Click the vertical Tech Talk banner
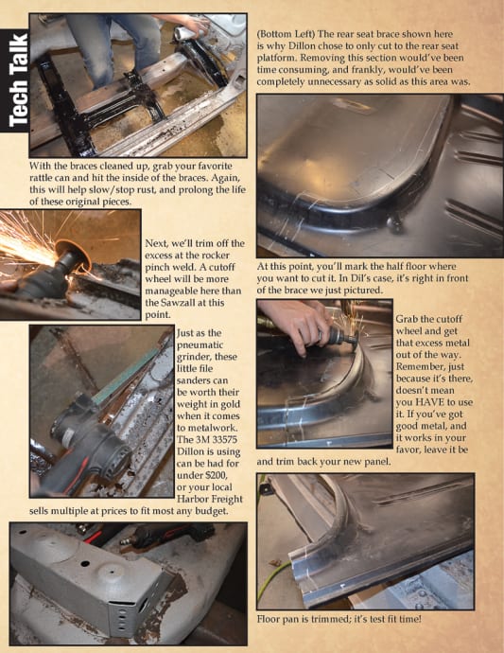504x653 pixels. [x=14, y=80]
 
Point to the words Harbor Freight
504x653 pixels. [x=210, y=499]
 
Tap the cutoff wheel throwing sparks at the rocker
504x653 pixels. [x=73, y=254]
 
